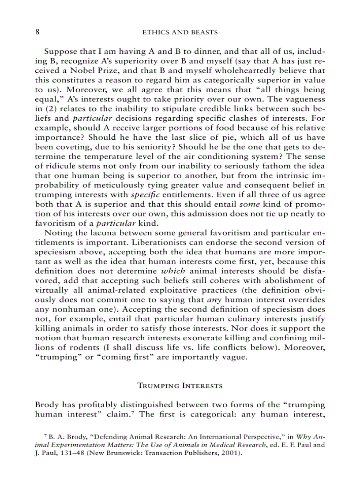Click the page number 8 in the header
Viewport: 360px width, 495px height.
pos(37,32)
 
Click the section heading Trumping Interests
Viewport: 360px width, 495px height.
pos(180,386)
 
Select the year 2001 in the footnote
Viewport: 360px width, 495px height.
pos(229,453)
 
